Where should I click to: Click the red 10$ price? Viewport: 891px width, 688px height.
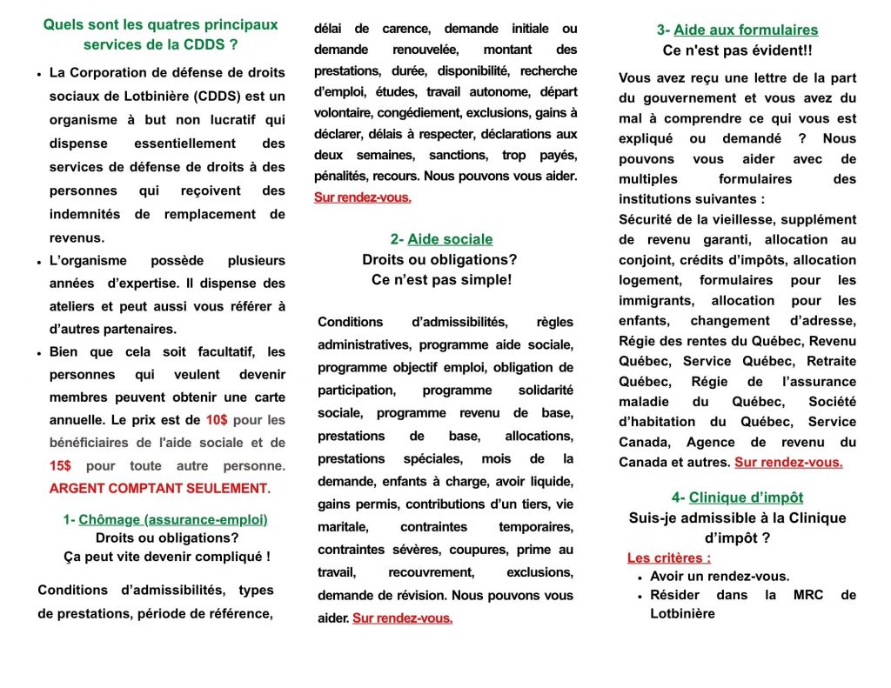coord(217,420)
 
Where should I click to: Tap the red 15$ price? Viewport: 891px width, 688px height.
coord(60,466)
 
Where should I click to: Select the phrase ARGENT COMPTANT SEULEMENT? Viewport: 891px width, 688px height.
coord(159,489)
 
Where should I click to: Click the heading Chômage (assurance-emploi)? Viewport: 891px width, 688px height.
coord(173,520)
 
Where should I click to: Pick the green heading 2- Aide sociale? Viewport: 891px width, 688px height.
coord(441,239)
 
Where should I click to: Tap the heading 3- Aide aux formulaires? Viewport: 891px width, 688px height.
coord(737,30)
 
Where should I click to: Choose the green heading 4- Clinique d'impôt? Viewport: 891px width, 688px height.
coord(737,498)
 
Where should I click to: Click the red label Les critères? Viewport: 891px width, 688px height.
coord(668,558)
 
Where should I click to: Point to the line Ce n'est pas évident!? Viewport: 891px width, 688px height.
coord(737,50)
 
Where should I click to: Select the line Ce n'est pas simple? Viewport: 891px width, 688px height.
coord(441,280)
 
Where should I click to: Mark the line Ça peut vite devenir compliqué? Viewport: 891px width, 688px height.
coord(167,557)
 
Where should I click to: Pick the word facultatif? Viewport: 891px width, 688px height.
coord(217,352)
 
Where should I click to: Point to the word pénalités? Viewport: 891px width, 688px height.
coord(342,176)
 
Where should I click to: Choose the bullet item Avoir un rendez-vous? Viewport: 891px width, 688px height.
coord(720,577)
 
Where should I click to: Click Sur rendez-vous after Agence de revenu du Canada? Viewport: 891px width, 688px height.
coord(788,463)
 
